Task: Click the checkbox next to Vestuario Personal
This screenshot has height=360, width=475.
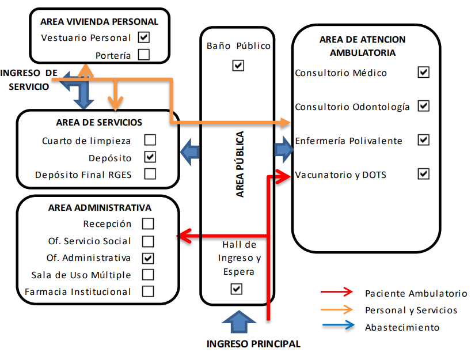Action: pyautogui.click(x=144, y=37)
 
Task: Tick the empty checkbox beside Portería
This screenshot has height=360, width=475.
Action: pyautogui.click(x=144, y=55)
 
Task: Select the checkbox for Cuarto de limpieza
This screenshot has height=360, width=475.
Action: pyautogui.click(x=150, y=140)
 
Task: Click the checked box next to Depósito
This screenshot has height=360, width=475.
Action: pyautogui.click(x=150, y=157)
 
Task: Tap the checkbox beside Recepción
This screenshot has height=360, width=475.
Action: pyautogui.click(x=149, y=223)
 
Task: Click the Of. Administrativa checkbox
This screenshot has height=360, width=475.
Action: pyautogui.click(x=149, y=257)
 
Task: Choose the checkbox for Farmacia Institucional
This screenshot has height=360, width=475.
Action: pyautogui.click(x=149, y=291)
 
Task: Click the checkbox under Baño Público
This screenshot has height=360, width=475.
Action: pyautogui.click(x=238, y=66)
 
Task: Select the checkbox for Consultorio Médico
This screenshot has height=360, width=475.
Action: pyautogui.click(x=424, y=72)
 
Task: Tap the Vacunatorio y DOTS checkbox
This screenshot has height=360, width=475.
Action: pyautogui.click(x=424, y=173)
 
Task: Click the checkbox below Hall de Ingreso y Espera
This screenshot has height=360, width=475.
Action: pyautogui.click(x=237, y=289)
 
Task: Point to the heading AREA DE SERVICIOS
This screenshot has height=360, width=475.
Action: pyautogui.click(x=99, y=123)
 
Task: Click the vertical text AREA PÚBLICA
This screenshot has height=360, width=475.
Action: pyautogui.click(x=240, y=165)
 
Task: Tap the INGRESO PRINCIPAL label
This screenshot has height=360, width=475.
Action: pyautogui.click(x=253, y=344)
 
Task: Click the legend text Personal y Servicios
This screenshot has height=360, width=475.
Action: pyautogui.click(x=411, y=310)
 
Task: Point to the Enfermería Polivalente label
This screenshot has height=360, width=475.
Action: pyautogui.click(x=348, y=141)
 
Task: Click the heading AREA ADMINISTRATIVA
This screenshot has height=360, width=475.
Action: pyautogui.click(x=100, y=207)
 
